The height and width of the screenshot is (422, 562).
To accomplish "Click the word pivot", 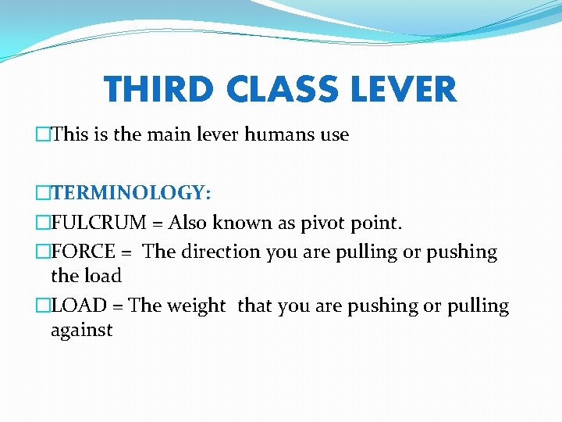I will click(312, 223).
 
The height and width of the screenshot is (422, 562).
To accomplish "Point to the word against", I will click(81, 330).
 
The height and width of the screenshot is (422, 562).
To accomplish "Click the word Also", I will click(187, 223).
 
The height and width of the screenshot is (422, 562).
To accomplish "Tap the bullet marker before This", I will click(42, 134).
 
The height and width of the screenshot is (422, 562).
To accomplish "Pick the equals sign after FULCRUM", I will click(158, 224).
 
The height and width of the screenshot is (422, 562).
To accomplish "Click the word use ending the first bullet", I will click(334, 135).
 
